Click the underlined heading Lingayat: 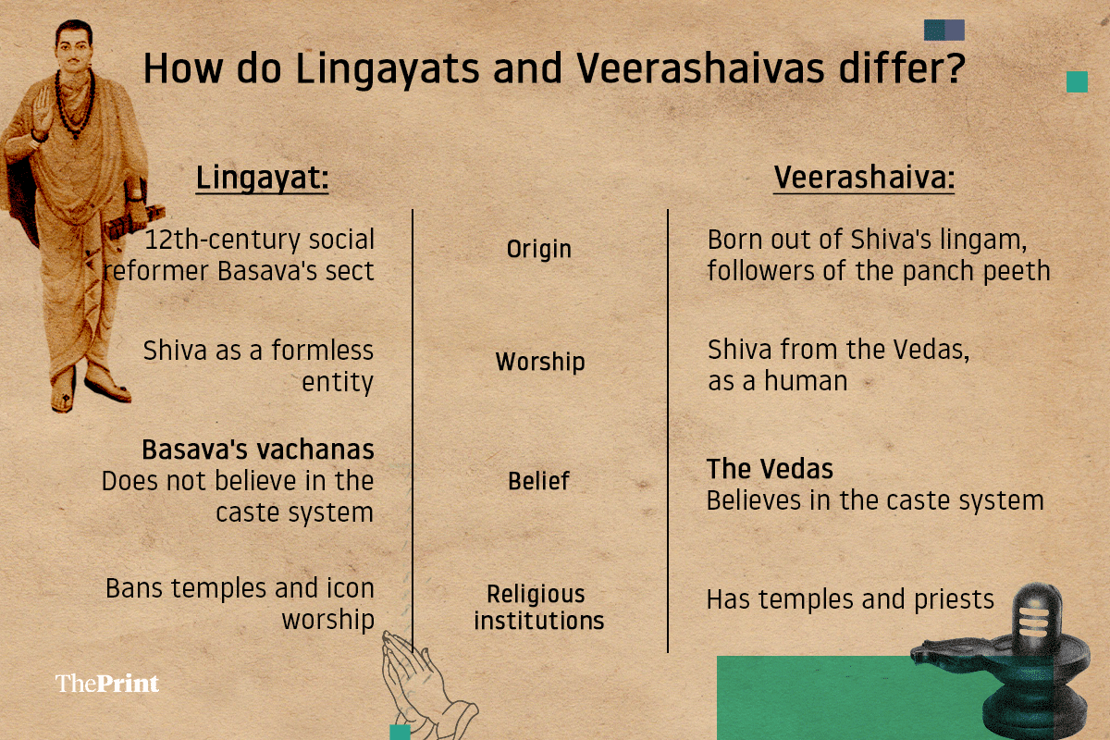click(x=262, y=179)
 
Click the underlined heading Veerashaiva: click(x=864, y=178)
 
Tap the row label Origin click(x=538, y=250)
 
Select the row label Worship click(x=540, y=362)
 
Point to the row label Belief click(x=538, y=481)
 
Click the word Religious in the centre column click(x=536, y=594)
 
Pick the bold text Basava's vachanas click(x=258, y=450)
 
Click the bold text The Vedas click(x=770, y=469)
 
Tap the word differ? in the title click(x=902, y=68)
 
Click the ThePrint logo click(x=107, y=684)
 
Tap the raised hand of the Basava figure click(x=42, y=109)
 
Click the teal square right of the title click(x=1077, y=81)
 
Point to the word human click(x=806, y=381)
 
